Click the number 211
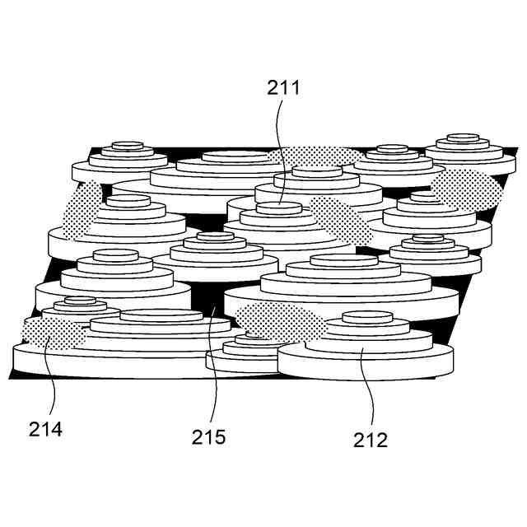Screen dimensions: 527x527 point(283,88)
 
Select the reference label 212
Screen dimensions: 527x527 point(371,440)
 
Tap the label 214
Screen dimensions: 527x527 point(45,430)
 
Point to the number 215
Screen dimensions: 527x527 point(208,437)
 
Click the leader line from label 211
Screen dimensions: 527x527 point(278,152)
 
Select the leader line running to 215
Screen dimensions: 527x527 point(214,363)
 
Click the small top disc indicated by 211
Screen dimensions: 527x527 point(279,208)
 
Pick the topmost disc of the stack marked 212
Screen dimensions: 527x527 point(367,317)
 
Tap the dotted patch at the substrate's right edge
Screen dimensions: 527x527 point(467,189)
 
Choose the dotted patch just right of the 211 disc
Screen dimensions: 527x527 point(339,220)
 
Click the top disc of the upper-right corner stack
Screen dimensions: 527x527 point(463,138)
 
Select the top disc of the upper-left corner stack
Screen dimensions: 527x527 point(128,145)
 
